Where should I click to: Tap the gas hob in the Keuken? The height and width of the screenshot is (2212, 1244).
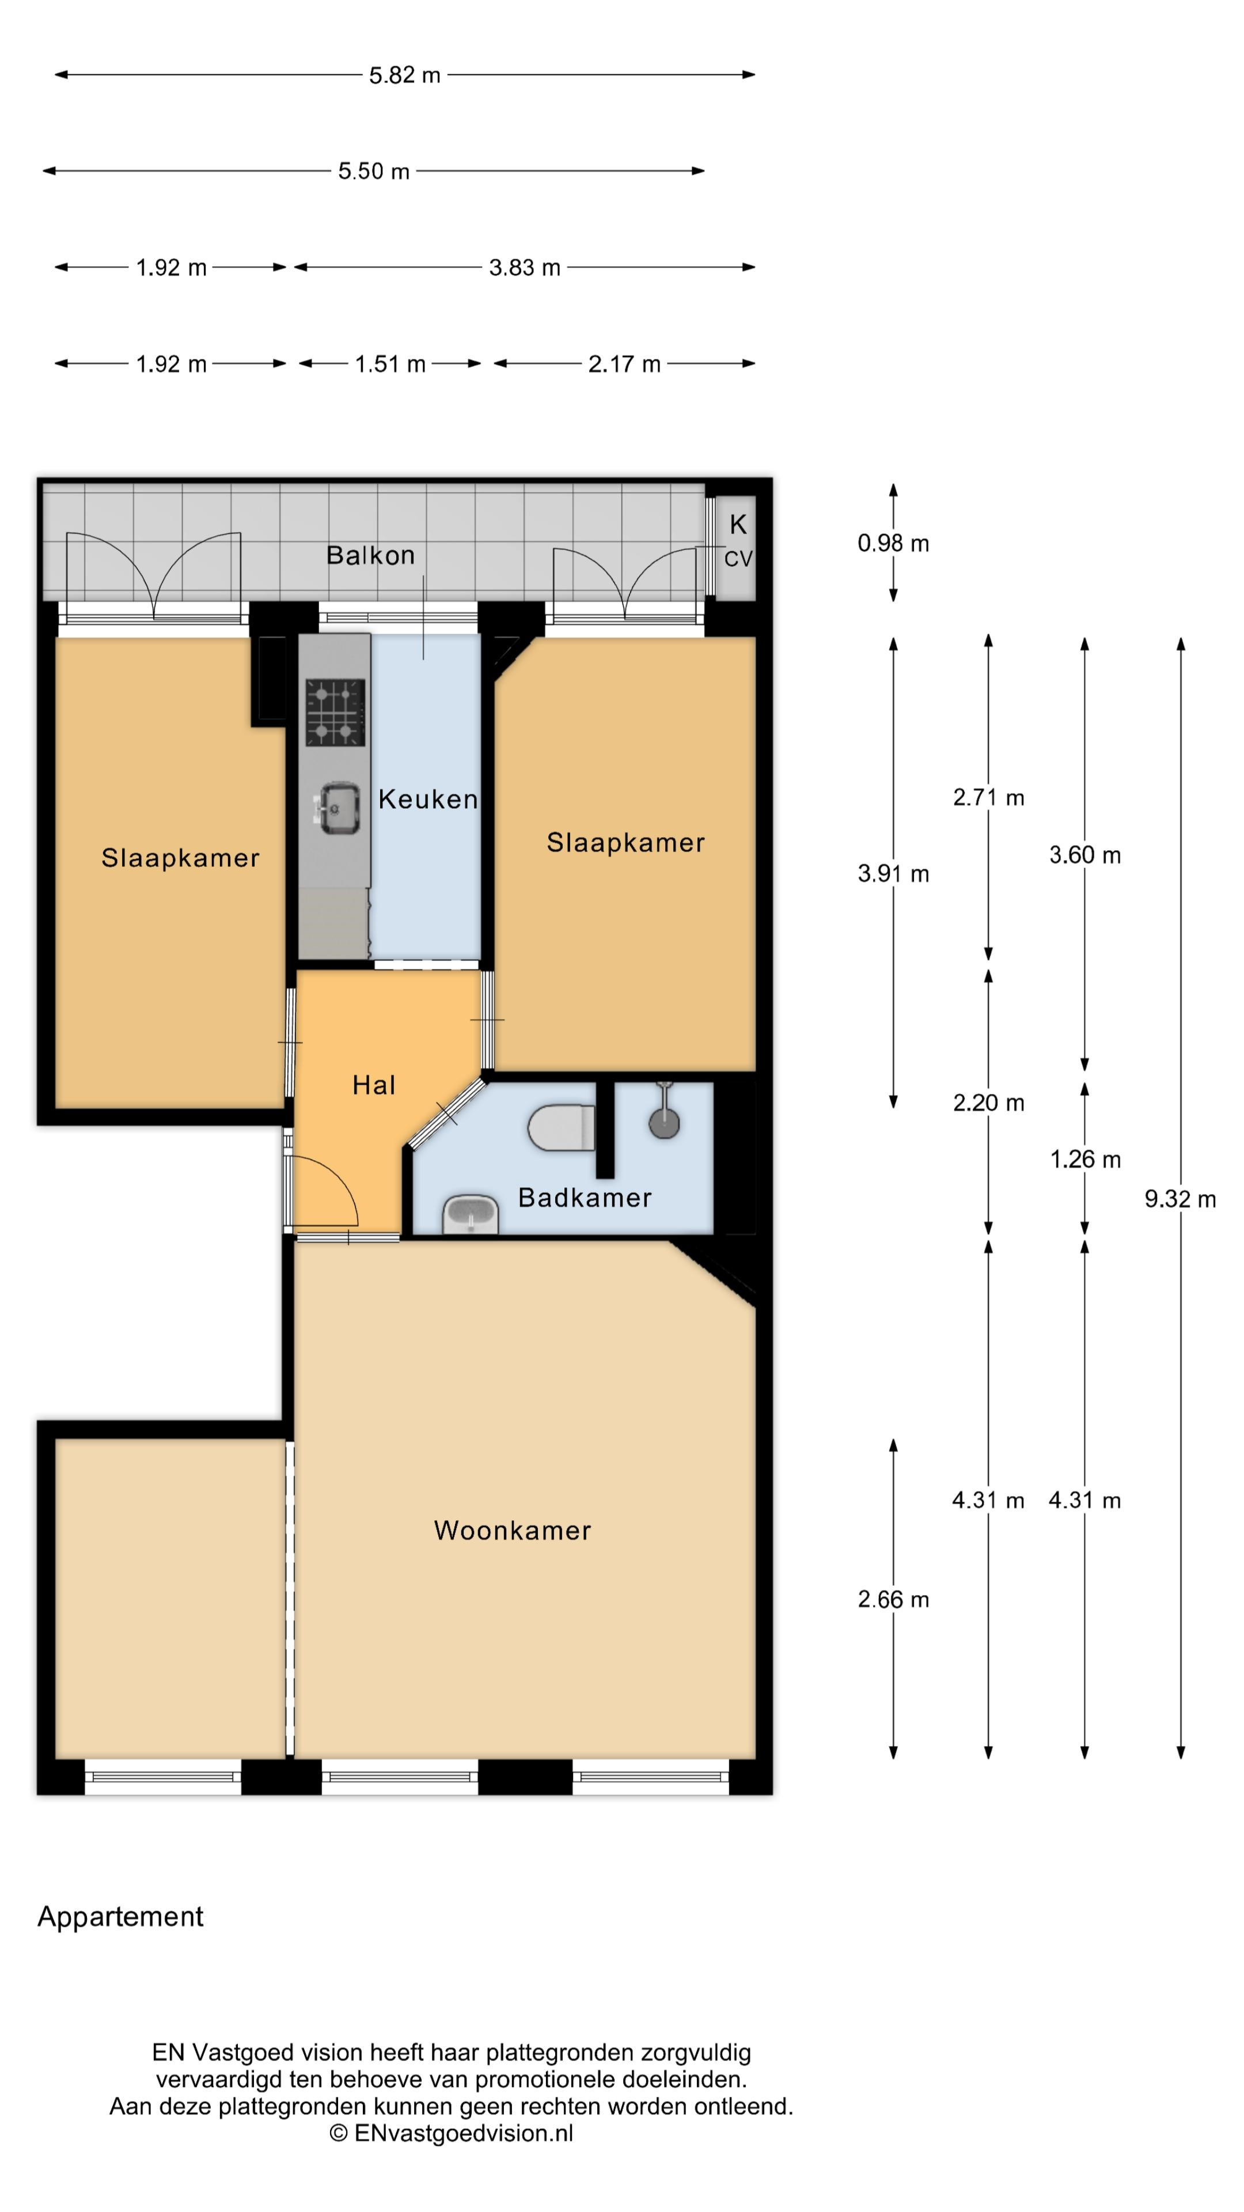[335, 712]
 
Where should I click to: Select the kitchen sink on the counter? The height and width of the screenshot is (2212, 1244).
[337, 807]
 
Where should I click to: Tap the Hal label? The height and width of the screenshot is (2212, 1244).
[373, 1085]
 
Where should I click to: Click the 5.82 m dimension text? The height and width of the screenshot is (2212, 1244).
[404, 75]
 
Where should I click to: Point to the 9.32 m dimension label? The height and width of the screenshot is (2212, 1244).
[1179, 1199]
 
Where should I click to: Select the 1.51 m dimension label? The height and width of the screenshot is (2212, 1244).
[390, 364]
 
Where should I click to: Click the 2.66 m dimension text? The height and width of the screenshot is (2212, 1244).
[893, 1599]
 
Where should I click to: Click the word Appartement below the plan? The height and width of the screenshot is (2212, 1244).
[120, 1916]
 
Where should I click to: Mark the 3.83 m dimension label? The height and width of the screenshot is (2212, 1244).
[525, 268]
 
